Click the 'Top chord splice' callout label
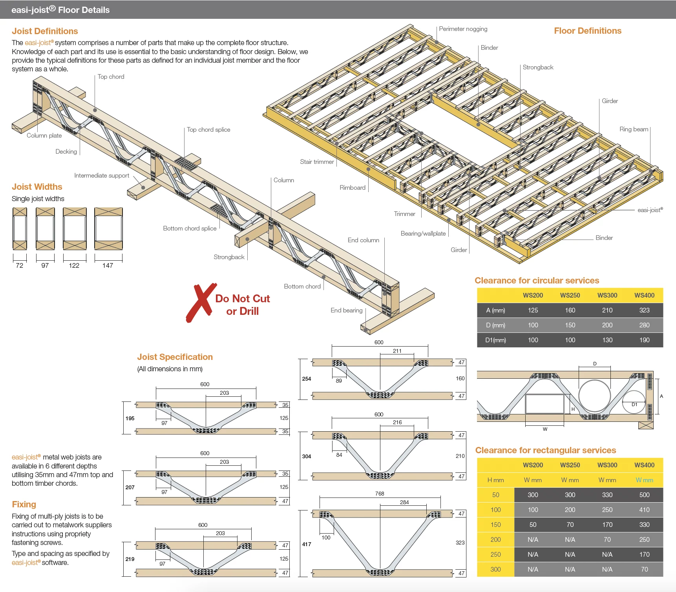[208, 130]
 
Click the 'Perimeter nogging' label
[463, 29]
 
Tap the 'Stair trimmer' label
[317, 162]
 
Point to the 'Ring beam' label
[634, 129]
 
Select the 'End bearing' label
[346, 311]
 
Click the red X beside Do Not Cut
[201, 303]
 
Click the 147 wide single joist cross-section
[108, 229]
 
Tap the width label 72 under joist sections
[20, 265]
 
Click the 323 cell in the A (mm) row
[644, 310]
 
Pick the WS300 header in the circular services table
[607, 295]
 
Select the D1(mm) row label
[495, 340]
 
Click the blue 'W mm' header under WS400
[644, 480]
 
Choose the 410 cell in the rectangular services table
[644, 510]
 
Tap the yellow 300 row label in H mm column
[495, 569]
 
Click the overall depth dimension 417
[307, 544]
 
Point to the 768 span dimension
[380, 494]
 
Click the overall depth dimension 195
[130, 418]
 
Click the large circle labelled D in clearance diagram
[594, 396]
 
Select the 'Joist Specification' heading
[175, 357]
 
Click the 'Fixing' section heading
[24, 504]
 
